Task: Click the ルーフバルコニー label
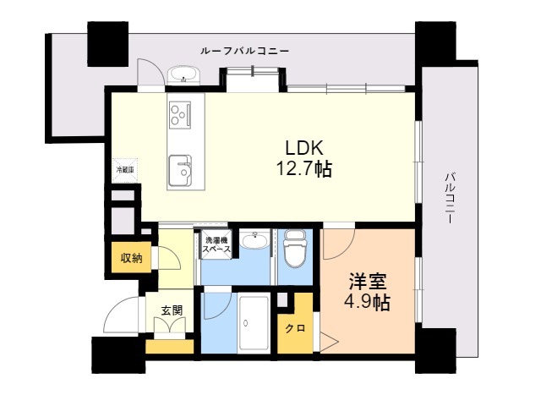tap(245, 51)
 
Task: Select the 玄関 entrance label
tap(172, 310)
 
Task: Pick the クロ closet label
tap(295, 328)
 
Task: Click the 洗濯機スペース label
tap(216, 244)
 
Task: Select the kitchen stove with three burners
tap(181, 112)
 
